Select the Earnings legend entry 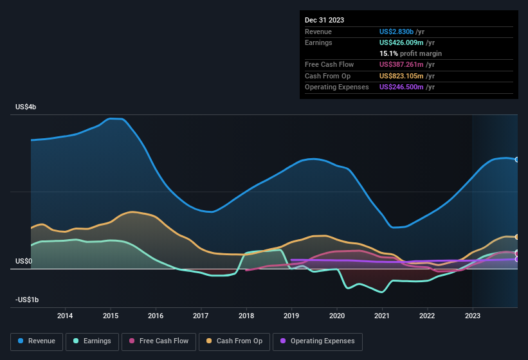[91, 341]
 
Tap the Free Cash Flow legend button [159, 341]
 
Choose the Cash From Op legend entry [234, 341]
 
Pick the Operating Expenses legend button [318, 341]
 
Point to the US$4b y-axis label [26, 107]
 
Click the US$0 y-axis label [24, 261]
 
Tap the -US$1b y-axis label [27, 300]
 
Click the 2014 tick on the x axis [65, 316]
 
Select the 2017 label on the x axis [201, 316]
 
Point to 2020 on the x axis [337, 316]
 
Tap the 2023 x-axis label [473, 316]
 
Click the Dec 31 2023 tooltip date [324, 20]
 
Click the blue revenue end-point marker [516, 159]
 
